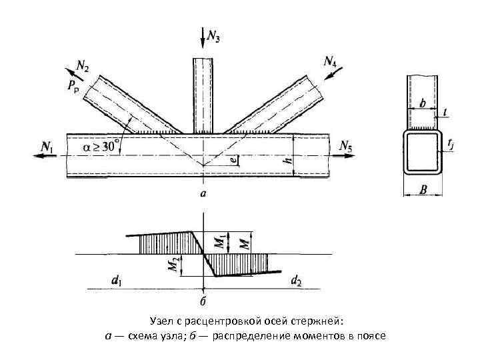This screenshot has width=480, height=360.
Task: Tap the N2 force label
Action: (x=83, y=67)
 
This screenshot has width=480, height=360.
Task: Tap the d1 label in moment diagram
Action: (x=117, y=281)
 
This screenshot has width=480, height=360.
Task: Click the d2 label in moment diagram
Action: (x=296, y=282)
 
